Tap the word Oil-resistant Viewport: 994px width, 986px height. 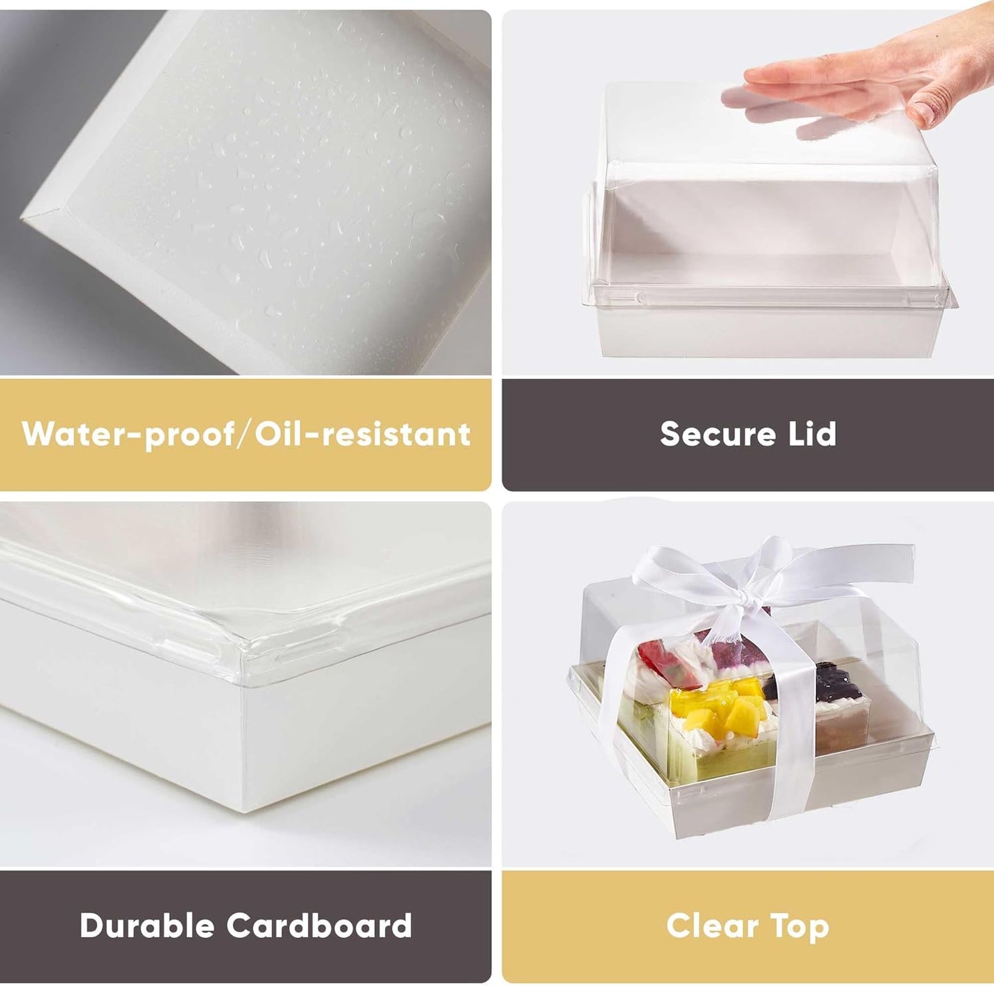click(363, 435)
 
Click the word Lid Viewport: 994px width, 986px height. click(812, 434)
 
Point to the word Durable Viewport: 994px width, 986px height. click(147, 925)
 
